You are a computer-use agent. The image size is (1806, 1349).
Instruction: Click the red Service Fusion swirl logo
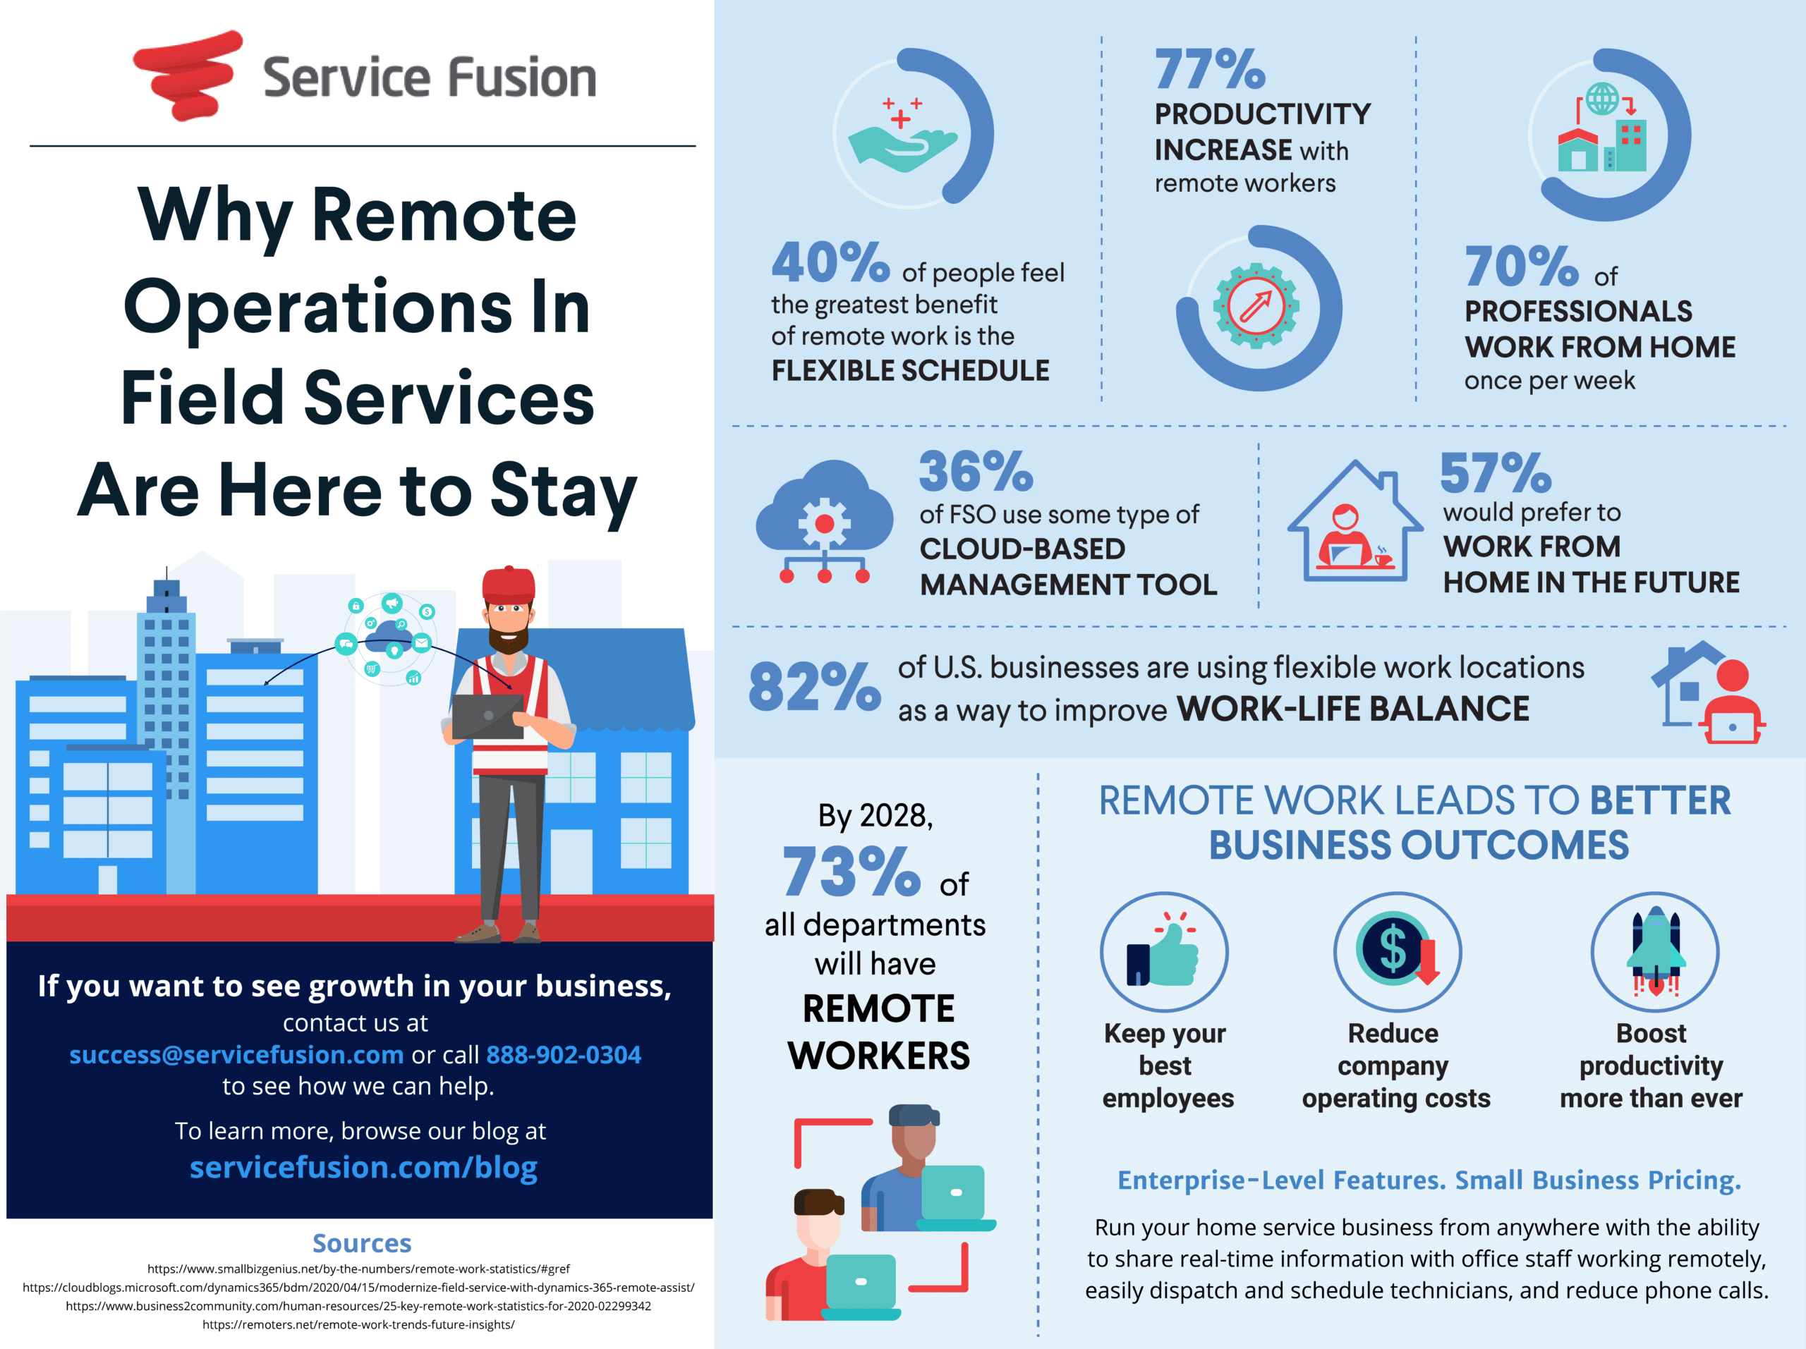tap(188, 75)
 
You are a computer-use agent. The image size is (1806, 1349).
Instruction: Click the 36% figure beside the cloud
tap(976, 472)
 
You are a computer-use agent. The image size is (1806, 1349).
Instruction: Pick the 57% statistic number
tap(1495, 473)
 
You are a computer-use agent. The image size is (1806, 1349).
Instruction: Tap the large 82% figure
tap(814, 686)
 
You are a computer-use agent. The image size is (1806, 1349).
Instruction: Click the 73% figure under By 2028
tap(851, 872)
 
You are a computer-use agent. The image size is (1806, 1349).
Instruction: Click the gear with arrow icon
tap(1256, 306)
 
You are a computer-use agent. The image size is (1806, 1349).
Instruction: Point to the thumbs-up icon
tap(1163, 953)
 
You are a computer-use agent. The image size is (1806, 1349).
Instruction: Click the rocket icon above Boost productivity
tap(1655, 951)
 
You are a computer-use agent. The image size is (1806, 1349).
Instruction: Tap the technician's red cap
tap(509, 585)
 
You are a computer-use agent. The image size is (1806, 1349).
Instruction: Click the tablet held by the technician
tap(487, 716)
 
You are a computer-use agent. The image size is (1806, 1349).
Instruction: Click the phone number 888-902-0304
tap(564, 1054)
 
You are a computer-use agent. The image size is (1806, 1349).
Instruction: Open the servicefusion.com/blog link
tap(363, 1167)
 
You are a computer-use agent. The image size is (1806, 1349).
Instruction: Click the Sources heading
tap(362, 1243)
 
